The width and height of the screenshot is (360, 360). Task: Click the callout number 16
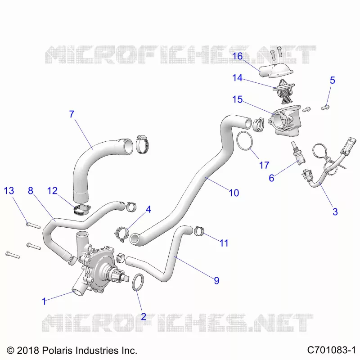point(238,56)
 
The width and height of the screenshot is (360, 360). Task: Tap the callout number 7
point(72,114)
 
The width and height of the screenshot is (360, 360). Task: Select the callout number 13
point(9,191)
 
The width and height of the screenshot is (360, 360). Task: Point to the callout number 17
point(264,165)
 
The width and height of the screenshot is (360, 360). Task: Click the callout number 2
point(144,317)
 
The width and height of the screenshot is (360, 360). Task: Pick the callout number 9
point(216,280)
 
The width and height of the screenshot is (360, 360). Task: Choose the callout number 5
point(333,81)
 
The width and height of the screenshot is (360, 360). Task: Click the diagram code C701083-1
point(331,351)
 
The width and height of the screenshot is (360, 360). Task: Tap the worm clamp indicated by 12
point(82,210)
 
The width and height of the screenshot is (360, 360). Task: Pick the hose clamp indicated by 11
point(199,231)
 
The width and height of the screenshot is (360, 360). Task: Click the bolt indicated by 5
point(325,107)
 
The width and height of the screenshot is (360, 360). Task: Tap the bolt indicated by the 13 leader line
point(33,225)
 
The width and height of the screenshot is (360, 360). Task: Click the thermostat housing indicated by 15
point(285,121)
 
